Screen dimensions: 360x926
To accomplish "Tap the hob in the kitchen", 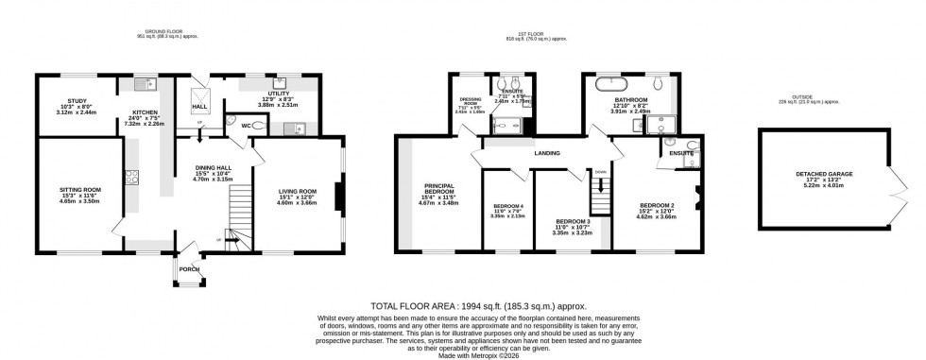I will click(x=129, y=177).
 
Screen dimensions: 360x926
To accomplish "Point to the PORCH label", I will click(x=191, y=265).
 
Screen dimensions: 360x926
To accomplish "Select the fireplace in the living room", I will click(x=337, y=197).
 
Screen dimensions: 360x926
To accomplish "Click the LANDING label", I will click(x=547, y=153).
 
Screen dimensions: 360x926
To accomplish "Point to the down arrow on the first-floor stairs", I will click(x=600, y=172).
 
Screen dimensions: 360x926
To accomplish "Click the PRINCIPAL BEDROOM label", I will click(x=438, y=190).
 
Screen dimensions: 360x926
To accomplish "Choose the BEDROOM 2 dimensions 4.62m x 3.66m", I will click(x=657, y=217).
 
